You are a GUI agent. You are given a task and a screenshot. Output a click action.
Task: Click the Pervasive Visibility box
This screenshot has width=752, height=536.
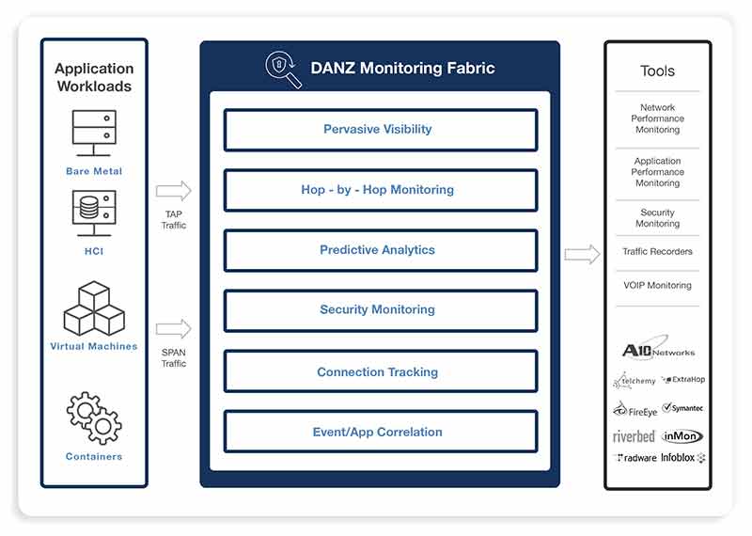[381, 130]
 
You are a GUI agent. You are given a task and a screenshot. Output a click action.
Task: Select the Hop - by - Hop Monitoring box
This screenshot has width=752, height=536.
[381, 191]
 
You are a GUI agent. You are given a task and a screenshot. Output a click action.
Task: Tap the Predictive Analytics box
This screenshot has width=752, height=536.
[381, 250]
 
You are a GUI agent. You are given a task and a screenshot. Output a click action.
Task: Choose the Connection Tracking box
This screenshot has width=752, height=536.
[381, 371]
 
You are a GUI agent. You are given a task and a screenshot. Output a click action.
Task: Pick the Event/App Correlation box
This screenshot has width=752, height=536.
[381, 432]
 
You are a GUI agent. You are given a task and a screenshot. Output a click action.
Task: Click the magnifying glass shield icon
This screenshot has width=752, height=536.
[284, 70]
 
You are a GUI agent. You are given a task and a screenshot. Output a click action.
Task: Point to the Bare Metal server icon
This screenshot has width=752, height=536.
[94, 133]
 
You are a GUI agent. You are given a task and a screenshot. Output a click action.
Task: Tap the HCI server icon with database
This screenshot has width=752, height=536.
[94, 213]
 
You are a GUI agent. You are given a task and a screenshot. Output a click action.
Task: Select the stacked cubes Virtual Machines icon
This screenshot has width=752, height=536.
[94, 308]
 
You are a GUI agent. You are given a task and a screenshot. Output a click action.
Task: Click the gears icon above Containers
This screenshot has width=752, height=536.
[94, 418]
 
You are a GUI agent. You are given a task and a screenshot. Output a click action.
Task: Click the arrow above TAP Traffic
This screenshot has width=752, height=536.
[174, 191]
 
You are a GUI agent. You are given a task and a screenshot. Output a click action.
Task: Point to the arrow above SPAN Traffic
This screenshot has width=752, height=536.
[174, 329]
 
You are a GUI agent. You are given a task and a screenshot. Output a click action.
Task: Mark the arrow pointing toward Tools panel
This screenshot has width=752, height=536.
[582, 254]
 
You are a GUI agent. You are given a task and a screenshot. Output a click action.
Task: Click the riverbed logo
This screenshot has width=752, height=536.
[634, 436]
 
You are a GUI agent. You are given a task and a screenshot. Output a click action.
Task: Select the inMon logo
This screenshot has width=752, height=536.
[682, 436]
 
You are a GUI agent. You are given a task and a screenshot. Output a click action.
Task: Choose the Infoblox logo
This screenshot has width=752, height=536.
[683, 458]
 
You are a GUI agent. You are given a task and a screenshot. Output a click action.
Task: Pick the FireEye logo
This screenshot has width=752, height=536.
[635, 410]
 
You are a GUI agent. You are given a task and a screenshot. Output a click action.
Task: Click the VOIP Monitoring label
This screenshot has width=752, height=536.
[657, 285]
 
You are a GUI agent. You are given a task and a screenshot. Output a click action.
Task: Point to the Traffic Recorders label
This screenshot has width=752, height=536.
[657, 251]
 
